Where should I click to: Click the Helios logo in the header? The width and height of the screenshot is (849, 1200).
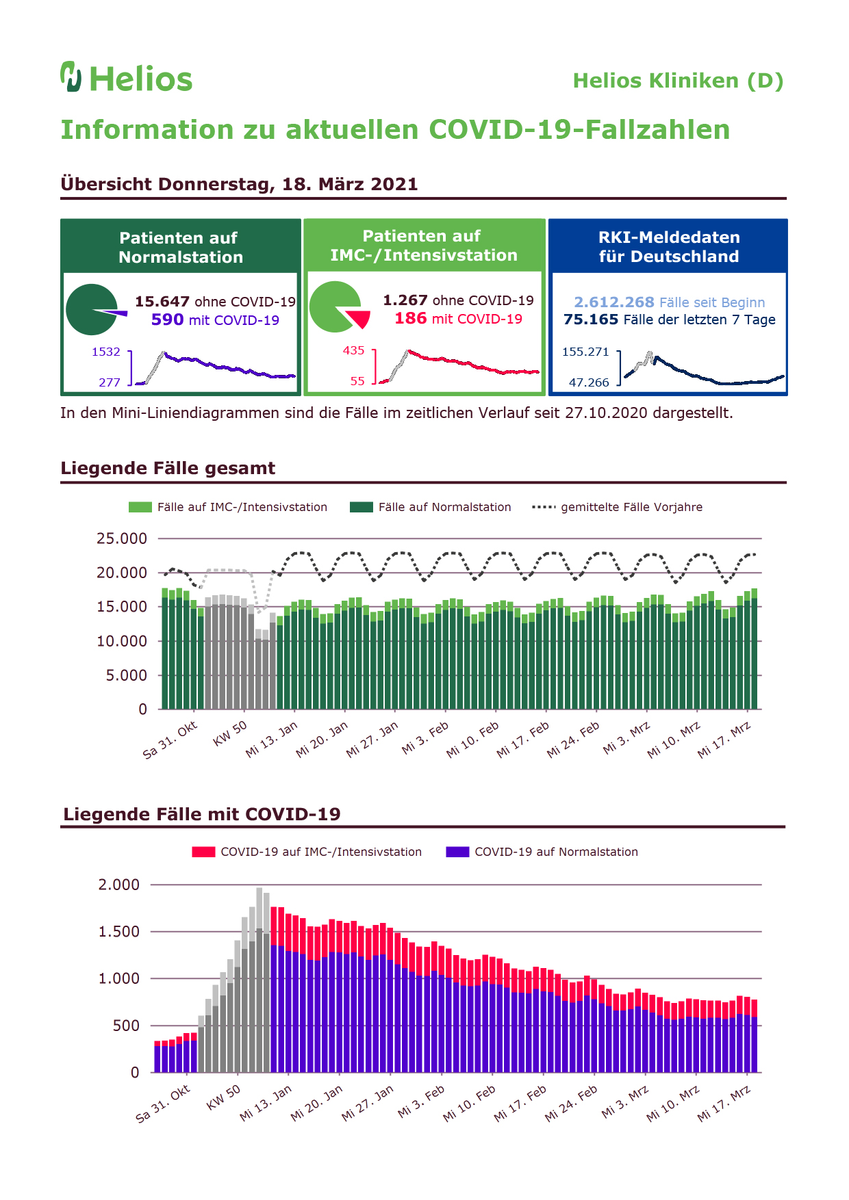coord(126,77)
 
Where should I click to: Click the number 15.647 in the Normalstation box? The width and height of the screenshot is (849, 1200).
coord(162,302)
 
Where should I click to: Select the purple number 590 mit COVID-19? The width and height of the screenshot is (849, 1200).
coord(167,319)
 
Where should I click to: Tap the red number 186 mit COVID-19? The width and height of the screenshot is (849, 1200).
coord(410,318)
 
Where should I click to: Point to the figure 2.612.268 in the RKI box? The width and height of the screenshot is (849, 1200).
coord(614,302)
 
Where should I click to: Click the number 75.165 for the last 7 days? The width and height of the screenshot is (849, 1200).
coord(591,319)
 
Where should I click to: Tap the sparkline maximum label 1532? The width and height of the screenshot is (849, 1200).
coord(106,352)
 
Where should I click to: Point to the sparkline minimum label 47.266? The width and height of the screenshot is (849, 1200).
coord(589,382)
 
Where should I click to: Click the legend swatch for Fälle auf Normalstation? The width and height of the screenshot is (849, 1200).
coord(362,507)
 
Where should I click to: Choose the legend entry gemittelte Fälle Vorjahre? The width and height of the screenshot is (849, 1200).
coord(617,507)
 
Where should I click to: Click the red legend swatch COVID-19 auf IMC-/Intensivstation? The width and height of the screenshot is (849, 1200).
coord(203,852)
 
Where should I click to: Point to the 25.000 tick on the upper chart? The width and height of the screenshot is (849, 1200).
coord(122,538)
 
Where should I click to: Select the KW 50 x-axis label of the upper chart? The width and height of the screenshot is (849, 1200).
coord(230,733)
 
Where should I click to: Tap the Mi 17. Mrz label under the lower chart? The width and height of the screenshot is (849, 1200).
coord(724,1104)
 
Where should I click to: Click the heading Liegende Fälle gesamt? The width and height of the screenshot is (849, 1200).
coord(168,468)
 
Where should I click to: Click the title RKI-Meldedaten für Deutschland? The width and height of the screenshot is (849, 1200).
coord(669,247)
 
